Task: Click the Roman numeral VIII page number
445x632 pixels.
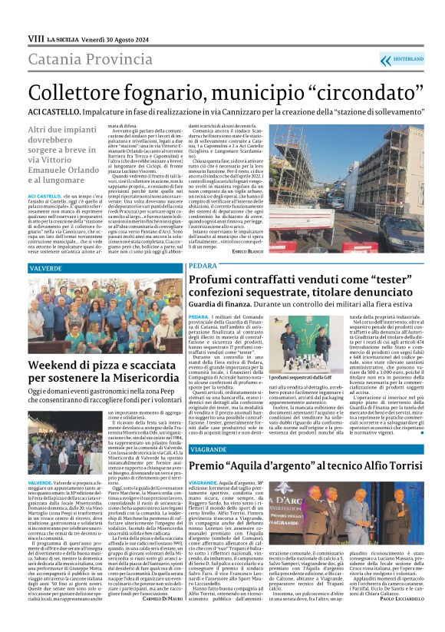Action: tap(35, 38)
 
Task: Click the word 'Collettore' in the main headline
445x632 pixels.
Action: tap(75, 92)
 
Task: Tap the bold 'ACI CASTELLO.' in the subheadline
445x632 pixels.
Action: tap(51, 111)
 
